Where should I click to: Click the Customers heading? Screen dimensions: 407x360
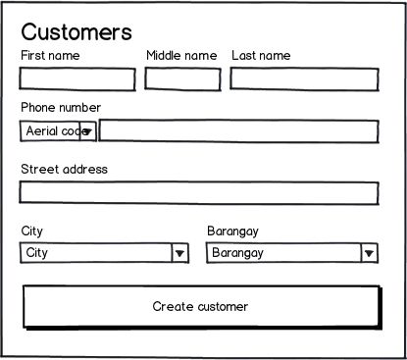pos(76,32)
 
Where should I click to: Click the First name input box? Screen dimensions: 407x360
pos(77,78)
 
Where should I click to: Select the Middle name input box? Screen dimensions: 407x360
pos(182,78)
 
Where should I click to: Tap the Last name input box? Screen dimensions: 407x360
pos(304,78)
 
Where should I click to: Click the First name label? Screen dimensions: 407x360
pos(50,56)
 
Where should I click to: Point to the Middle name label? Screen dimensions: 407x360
pos(181,56)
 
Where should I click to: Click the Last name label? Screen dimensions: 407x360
pos(261,56)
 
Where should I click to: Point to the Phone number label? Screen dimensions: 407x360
pos(61,108)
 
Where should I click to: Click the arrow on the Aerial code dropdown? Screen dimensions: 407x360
pos(87,130)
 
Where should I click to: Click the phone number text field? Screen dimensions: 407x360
pos(238,130)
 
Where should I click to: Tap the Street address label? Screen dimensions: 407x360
pos(64,170)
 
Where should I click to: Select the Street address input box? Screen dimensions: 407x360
pos(199,192)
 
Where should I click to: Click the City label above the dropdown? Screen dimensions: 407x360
pos(32,231)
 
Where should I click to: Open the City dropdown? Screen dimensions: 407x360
pos(95,253)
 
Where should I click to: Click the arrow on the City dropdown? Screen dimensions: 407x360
pos(179,253)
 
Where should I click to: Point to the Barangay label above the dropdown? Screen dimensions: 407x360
pos(232,231)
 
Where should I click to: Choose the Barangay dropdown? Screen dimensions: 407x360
pos(282,253)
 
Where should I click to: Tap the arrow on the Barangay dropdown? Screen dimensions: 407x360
pos(369,253)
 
